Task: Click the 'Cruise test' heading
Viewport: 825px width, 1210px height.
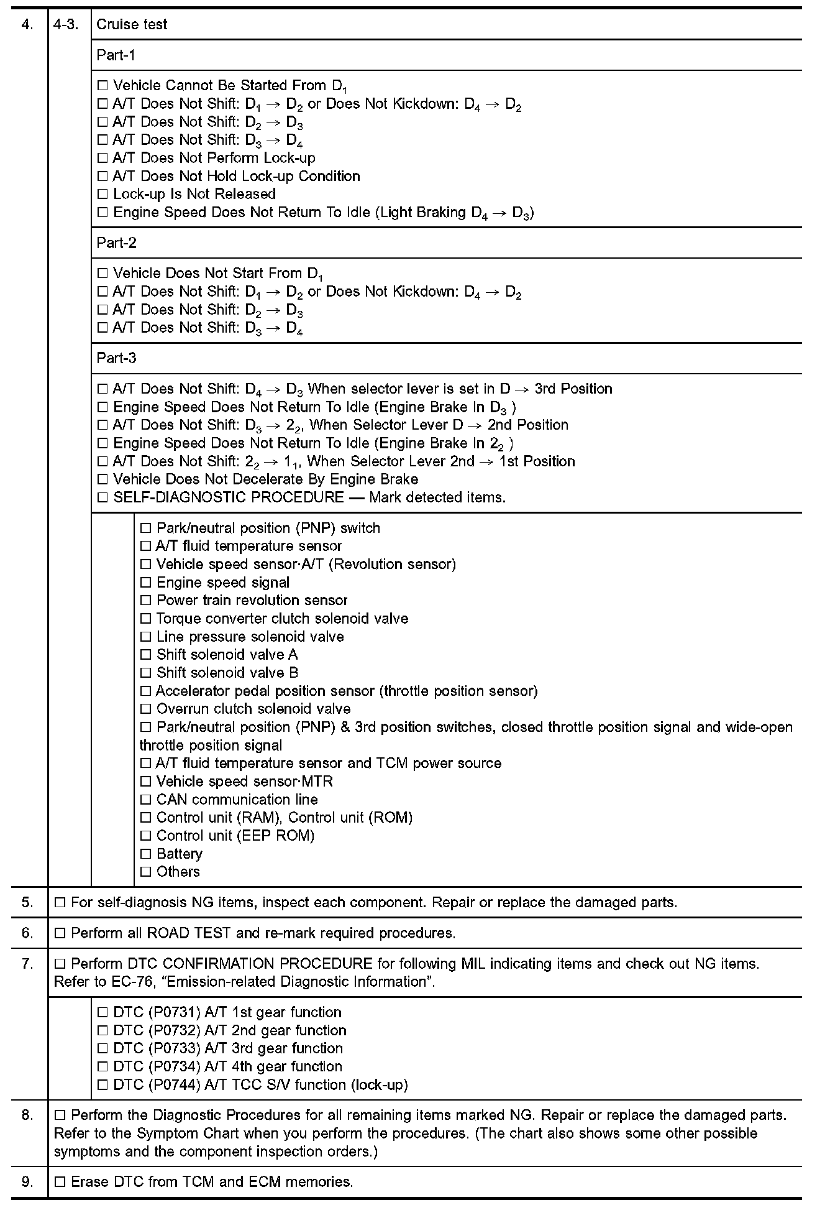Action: tap(132, 24)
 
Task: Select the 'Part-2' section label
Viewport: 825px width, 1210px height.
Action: tap(116, 243)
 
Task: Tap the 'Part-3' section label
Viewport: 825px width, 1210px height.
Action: tap(116, 358)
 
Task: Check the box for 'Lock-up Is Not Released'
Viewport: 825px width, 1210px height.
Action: tap(103, 195)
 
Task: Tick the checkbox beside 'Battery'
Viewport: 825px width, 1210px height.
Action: tap(145, 854)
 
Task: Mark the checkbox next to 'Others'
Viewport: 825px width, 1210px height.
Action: tap(145, 872)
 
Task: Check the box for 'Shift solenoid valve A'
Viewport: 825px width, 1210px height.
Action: tap(145, 655)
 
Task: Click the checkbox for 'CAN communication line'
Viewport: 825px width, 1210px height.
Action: tap(145, 800)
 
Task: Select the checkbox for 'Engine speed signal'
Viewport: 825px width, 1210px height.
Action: tap(145, 583)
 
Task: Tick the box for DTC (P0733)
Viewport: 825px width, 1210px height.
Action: tap(103, 1049)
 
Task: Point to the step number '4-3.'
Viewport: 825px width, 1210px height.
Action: tap(65, 24)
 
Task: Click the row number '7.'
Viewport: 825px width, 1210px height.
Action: tap(27, 964)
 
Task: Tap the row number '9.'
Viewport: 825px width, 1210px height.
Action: tap(27, 1181)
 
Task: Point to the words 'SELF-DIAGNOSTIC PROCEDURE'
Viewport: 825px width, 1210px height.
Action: tap(228, 497)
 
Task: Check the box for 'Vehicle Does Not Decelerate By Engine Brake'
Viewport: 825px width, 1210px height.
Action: tap(103, 479)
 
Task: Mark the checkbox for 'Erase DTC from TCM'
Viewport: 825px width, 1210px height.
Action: tap(60, 1182)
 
